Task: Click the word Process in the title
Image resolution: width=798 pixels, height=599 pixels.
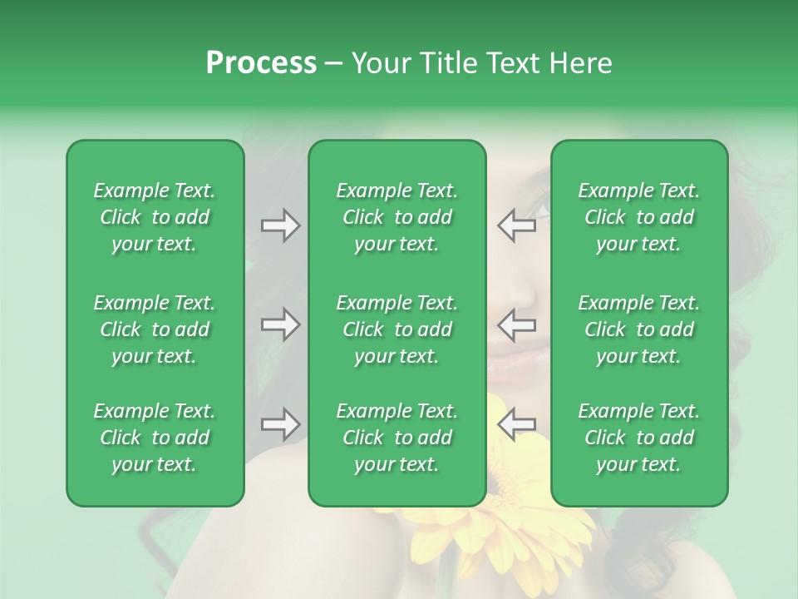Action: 261,63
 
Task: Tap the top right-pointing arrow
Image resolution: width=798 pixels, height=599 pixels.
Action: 280,225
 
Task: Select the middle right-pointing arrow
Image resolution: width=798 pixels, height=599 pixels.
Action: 280,324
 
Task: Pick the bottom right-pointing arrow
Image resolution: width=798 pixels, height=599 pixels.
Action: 280,424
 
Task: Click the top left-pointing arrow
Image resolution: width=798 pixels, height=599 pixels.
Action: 516,225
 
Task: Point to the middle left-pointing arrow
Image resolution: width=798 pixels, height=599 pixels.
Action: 516,324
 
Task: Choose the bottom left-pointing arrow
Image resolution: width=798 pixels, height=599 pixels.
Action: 516,424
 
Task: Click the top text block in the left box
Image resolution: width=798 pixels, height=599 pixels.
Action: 155,217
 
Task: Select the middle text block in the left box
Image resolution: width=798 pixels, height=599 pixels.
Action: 155,329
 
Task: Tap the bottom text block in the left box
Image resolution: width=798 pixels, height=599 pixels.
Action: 155,438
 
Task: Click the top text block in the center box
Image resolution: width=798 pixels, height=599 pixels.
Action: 397,217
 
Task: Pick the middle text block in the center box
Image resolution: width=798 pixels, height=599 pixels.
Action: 397,329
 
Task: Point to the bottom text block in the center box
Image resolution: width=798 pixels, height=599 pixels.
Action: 397,438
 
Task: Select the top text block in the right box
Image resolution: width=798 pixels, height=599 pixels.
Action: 639,217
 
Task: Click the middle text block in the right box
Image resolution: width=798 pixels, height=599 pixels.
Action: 639,329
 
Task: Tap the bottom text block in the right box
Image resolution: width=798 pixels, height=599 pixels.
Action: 639,438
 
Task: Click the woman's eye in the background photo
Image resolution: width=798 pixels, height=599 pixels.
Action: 539,208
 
